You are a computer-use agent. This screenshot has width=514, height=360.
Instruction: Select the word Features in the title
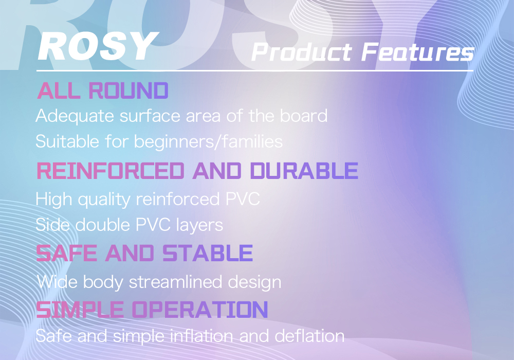coord(417,52)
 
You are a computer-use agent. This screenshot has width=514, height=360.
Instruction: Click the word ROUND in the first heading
coord(128,91)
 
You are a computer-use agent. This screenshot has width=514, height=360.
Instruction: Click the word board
coord(304,115)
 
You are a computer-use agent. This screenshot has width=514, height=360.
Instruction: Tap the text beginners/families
coord(208,142)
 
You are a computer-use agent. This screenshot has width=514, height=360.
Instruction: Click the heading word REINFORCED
coord(111,171)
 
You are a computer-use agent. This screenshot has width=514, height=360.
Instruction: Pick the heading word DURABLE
coord(304,171)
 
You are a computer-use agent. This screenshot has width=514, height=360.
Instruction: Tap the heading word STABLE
coord(208,253)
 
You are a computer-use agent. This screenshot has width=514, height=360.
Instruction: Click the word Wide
coord(57,282)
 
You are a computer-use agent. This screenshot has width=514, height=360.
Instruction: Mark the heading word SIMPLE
coord(80,310)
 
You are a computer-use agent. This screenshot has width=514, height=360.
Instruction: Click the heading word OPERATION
coord(200,310)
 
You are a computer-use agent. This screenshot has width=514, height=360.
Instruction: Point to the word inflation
coord(201,336)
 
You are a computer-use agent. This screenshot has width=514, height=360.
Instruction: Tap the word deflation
coord(309,336)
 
